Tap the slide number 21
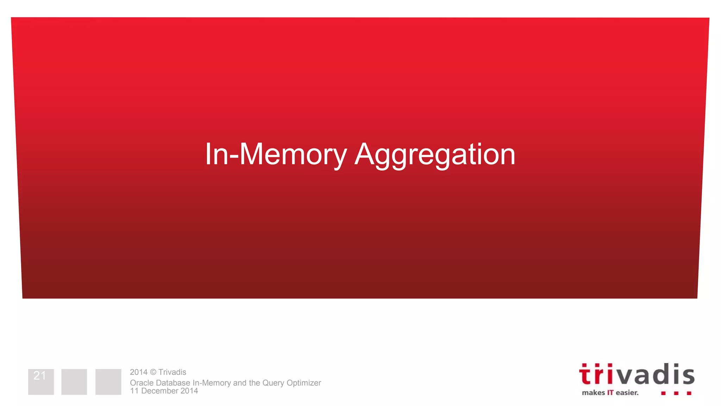[x=40, y=376]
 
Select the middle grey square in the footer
[x=74, y=382]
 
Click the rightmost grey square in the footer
[x=108, y=382]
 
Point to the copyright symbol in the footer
[x=153, y=372]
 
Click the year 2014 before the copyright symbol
[x=138, y=372]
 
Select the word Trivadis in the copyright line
[x=172, y=372]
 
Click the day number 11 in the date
[x=134, y=391]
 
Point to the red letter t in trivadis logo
[x=585, y=375]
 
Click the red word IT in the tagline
[x=610, y=393]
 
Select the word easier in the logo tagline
[x=627, y=393]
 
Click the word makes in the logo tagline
[x=593, y=393]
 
